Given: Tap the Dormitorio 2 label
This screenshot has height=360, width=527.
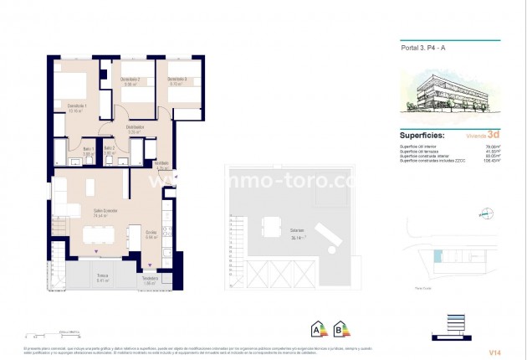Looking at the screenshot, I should point(130,80).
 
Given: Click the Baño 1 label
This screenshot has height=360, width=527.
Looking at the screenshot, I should point(89,150).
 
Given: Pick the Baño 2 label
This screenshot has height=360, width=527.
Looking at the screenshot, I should point(110,150).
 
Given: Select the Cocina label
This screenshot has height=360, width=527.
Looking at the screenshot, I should point(151,234).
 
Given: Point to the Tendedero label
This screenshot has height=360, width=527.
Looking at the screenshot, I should point(151,280).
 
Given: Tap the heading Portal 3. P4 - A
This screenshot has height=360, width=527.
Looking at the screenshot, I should point(416,49).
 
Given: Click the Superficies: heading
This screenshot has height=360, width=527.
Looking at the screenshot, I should point(422,135).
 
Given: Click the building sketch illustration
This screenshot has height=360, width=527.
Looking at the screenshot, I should point(448,95).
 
